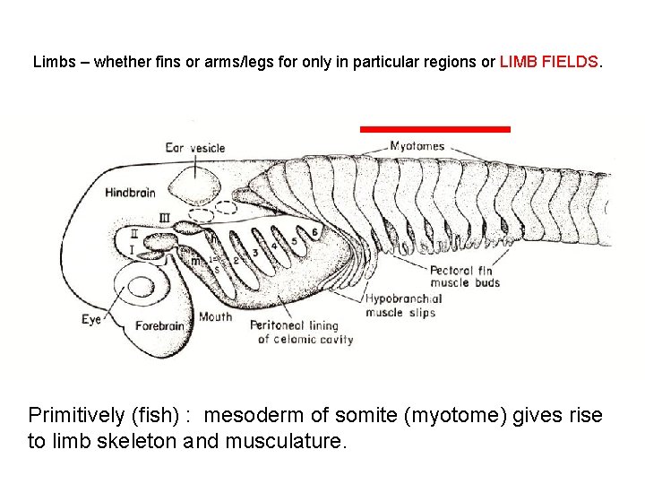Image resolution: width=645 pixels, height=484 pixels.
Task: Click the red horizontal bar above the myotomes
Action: (434, 129)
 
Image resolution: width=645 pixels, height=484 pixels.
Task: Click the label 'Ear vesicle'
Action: (194, 148)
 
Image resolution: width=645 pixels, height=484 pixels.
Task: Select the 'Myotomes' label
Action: (417, 146)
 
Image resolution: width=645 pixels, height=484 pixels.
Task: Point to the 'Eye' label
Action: (91, 318)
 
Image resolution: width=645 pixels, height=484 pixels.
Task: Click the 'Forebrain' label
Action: (159, 325)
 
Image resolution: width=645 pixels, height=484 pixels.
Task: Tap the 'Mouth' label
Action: (215, 316)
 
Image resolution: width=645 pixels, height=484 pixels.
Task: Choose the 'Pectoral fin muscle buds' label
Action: (464, 277)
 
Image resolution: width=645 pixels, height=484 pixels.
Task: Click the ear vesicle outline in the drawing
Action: (196, 185)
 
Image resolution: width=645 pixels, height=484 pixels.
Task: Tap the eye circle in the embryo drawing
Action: (141, 288)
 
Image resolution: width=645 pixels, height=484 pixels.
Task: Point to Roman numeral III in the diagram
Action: (164, 217)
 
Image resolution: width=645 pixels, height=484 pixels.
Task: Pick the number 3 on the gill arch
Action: (254, 254)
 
